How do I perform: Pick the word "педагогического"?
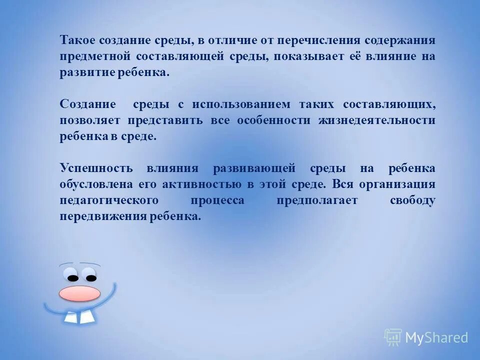coord(109,200)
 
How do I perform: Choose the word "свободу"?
coord(412,200)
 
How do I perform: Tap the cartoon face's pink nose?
coord(79,293)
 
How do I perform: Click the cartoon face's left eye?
coord(73,277)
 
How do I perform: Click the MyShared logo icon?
coord(393,337)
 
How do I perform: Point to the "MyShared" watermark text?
coord(436,338)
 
